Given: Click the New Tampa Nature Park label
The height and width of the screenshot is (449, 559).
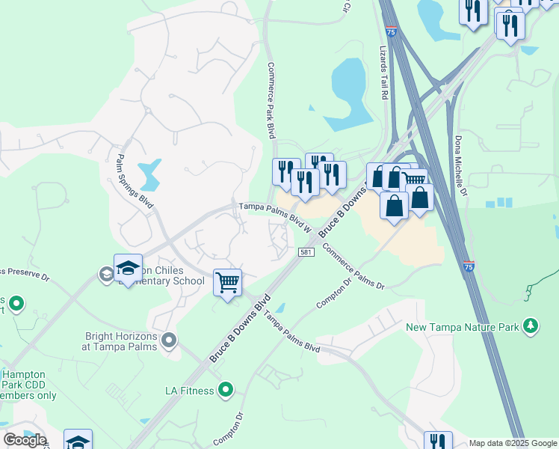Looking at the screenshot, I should click(463, 327).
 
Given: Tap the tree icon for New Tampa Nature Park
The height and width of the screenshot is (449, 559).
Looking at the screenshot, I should click(531, 326).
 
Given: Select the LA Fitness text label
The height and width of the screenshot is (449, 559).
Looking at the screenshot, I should click(189, 390).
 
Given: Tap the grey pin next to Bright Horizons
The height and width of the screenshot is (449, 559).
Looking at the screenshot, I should click(170, 341).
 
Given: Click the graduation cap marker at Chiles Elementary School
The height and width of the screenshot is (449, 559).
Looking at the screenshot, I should click(128, 269).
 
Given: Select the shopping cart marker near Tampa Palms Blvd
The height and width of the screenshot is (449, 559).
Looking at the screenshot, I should click(227, 283).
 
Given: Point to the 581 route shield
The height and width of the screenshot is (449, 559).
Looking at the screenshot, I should click(305, 251).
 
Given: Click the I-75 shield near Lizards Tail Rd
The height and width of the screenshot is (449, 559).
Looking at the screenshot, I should click(392, 31).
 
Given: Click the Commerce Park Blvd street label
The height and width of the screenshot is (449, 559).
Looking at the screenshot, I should click(271, 100).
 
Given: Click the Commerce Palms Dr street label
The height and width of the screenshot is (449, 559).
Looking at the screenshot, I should click(353, 268).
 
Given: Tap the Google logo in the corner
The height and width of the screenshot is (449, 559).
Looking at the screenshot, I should click(24, 440).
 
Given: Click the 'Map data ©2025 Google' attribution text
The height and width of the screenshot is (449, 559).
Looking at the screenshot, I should click(513, 443).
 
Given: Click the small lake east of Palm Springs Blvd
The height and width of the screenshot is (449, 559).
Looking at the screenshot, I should click(152, 174).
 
